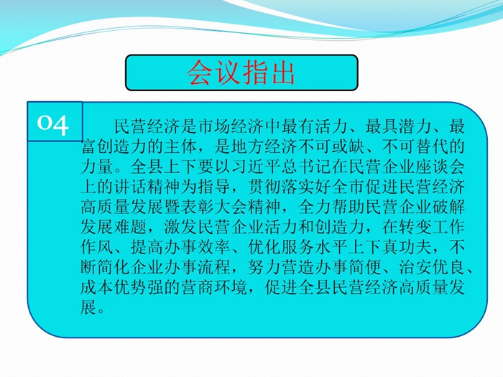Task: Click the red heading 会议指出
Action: (241, 73)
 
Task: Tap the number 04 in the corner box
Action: (53, 124)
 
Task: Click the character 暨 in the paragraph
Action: (172, 207)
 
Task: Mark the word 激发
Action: (181, 228)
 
